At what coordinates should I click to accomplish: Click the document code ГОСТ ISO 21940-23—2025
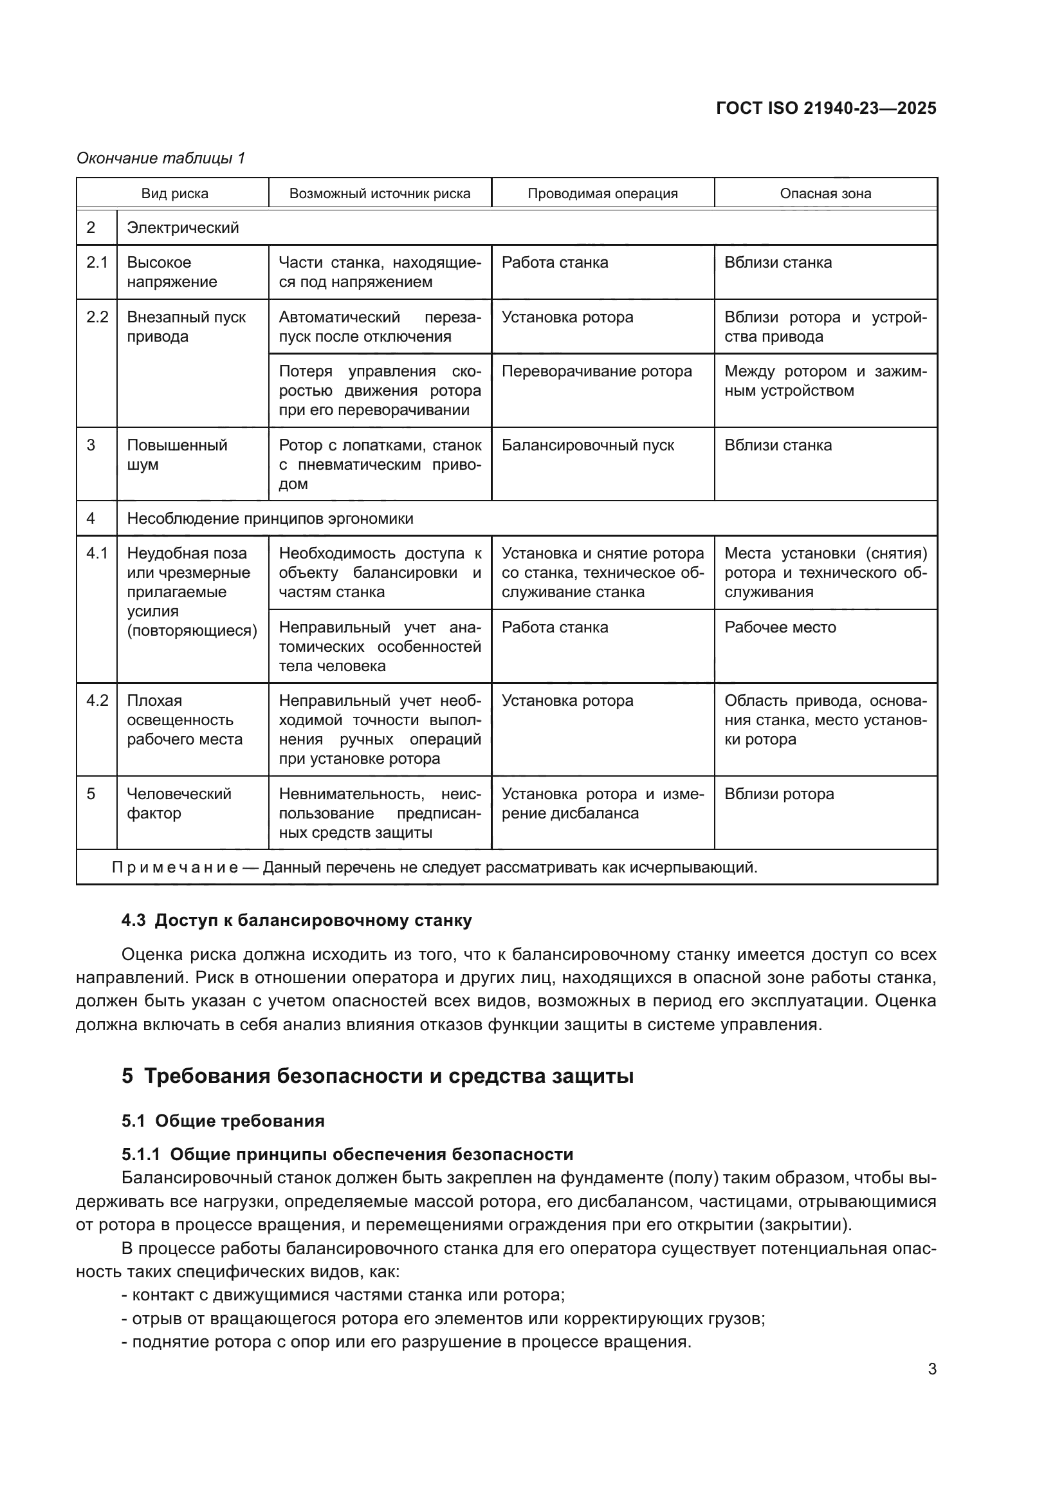point(825,108)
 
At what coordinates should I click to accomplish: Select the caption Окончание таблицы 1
point(161,158)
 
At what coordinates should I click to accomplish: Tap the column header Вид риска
point(174,194)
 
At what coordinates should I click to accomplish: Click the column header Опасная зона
point(825,194)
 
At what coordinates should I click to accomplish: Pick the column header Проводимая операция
point(602,194)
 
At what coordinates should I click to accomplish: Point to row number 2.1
point(97,263)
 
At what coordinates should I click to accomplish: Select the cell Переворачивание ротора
point(596,371)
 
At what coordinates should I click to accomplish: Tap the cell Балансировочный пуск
point(587,445)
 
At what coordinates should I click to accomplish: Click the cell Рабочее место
point(780,627)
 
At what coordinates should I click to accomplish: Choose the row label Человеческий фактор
point(178,803)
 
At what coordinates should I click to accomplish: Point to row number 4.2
point(97,701)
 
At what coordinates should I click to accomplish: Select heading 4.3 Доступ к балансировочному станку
point(296,920)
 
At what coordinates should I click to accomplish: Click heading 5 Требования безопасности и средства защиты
point(377,1076)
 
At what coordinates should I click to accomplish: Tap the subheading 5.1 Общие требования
point(223,1121)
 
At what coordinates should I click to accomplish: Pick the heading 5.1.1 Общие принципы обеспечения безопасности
point(347,1154)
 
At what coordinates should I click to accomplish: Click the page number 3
point(931,1369)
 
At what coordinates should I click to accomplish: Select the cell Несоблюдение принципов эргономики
point(270,519)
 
